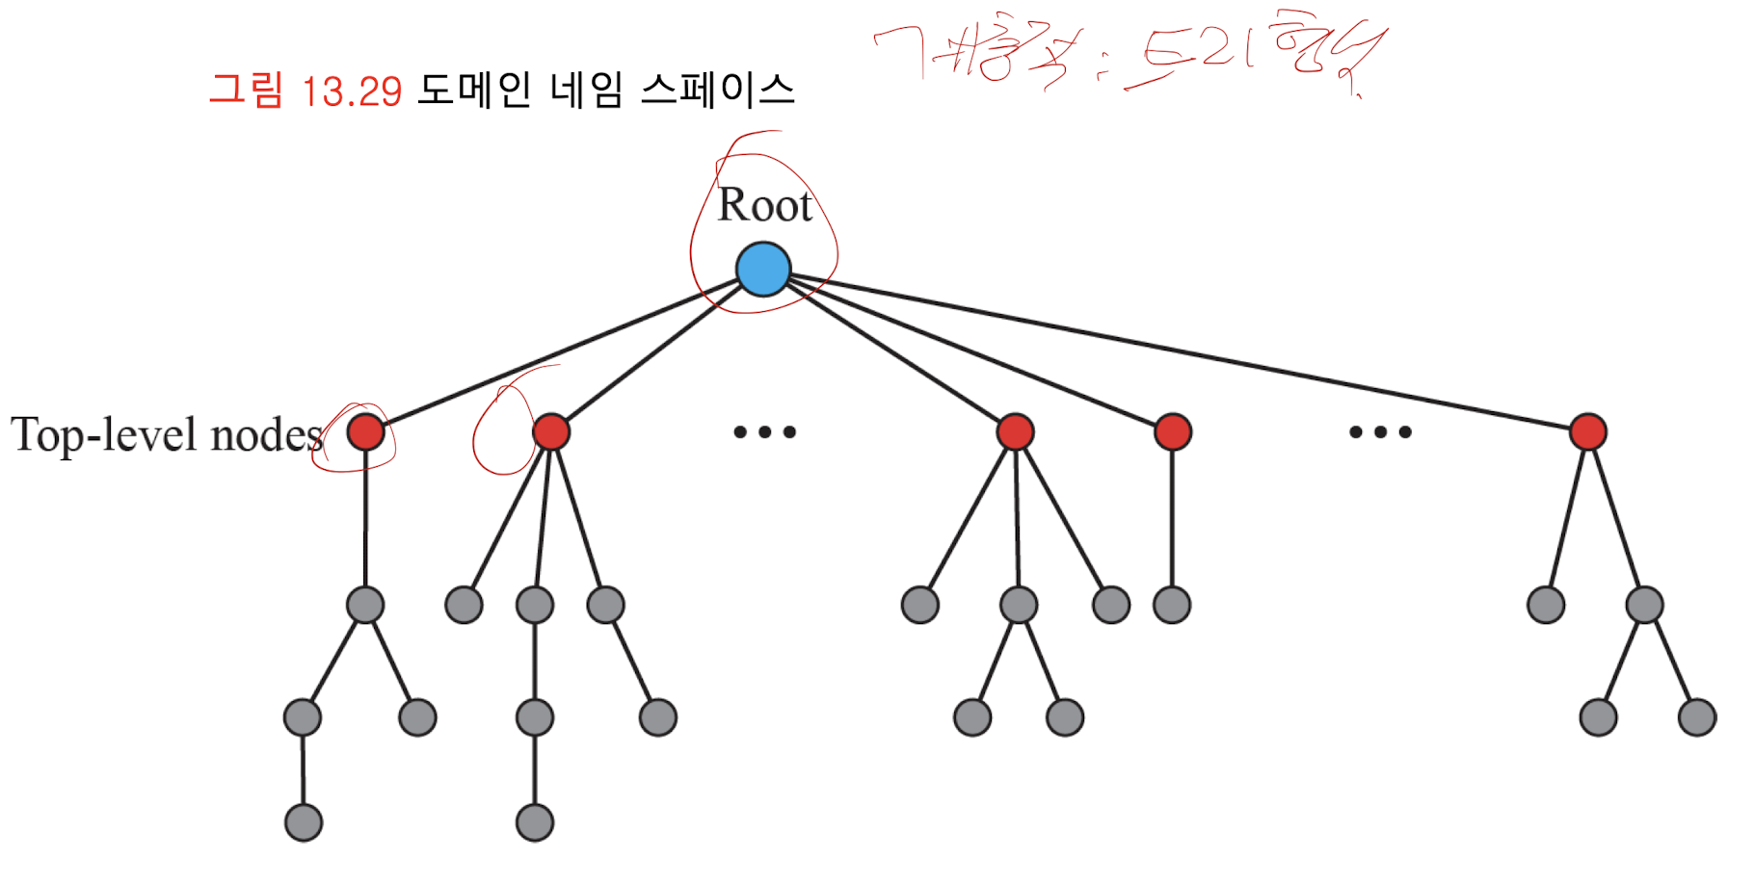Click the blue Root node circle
coord(763,269)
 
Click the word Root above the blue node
coord(765,205)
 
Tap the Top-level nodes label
coord(166,435)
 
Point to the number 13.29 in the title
coord(351,92)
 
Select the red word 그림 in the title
coord(246,91)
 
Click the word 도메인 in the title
coord(474,91)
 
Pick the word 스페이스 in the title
coord(717,91)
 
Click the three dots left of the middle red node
coord(764,432)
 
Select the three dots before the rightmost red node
coord(1380,432)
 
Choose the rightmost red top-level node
coord(1587,431)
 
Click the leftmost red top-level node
coord(365,431)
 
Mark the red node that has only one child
coord(1172,431)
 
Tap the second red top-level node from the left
coord(550,431)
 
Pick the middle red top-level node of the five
coord(1015,431)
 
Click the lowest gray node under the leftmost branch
coord(304,822)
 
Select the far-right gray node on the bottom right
coord(1697,717)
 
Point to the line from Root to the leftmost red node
coord(559,352)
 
